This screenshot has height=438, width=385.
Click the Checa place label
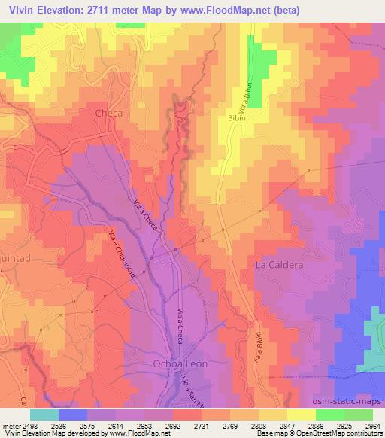[x=108, y=113]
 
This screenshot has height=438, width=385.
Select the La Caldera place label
[x=279, y=265]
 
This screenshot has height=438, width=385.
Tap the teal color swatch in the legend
[x=44, y=414]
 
